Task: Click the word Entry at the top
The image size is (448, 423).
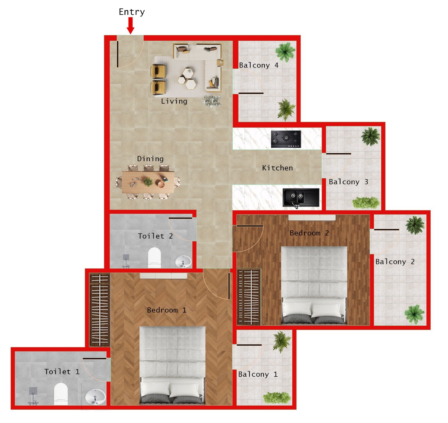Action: tap(132, 12)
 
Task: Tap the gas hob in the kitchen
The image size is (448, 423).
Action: tap(286, 139)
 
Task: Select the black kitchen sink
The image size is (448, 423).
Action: tap(300, 197)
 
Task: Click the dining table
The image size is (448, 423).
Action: tap(148, 182)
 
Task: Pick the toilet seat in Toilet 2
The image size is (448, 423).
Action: tap(154, 257)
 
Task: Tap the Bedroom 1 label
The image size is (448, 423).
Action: tap(167, 310)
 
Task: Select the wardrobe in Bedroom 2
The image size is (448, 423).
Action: tap(249, 296)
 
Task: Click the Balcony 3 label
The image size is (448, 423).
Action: tap(348, 182)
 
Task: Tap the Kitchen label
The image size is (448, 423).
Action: tap(277, 168)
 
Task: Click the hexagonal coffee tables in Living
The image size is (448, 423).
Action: tap(187, 79)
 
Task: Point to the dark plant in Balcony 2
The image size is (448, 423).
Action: tap(415, 225)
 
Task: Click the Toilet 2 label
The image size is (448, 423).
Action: tap(155, 236)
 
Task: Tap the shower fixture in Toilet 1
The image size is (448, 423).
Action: tap(33, 396)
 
